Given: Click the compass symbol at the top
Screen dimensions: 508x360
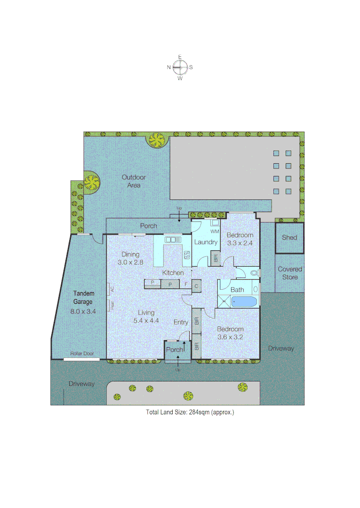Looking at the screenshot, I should pos(180,67).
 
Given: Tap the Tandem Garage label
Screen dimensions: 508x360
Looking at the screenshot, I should pos(83,298).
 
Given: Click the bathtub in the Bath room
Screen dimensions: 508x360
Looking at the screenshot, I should pos(244,302).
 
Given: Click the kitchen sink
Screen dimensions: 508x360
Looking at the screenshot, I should pos(173,240).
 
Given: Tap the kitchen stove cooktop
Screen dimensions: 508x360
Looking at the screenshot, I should pos(187,255).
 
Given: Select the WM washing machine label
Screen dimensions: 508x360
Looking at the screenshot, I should pos(215,231).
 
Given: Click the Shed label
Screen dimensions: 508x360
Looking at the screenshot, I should pos(289,238).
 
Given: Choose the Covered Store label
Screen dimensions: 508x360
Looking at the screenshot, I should pos(290,273).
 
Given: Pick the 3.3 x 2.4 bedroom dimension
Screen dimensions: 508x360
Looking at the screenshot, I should pos(240,243).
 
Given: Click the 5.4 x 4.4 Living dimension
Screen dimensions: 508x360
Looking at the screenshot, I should pos(146,321).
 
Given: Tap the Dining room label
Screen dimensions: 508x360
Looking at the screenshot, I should pos(130,254).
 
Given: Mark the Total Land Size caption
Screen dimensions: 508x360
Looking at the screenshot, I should pos(190,412).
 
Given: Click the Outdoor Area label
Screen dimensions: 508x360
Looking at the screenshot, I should pos(134,181).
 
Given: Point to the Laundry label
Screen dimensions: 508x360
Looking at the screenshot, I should pos(206,242).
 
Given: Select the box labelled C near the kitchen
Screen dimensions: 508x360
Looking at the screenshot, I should pos(196,285).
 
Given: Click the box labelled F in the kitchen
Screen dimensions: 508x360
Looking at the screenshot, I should pos(186,284).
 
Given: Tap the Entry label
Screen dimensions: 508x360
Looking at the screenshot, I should pos(181,322).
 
